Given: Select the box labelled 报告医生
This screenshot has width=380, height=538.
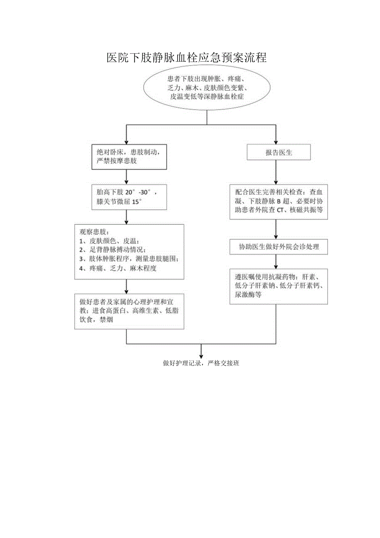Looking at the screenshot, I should tap(279, 152).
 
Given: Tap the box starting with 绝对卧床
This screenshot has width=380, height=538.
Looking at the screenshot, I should tap(126, 156).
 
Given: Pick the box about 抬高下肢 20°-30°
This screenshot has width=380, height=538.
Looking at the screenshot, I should tap(126, 196).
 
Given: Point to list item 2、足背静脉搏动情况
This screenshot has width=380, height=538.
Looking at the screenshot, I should tap(112, 250).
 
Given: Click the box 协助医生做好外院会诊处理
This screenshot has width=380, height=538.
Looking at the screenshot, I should tap(279, 247).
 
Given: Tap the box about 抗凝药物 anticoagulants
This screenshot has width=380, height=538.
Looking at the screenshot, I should tap(279, 286).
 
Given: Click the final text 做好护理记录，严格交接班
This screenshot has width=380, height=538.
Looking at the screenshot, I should tap(201, 363).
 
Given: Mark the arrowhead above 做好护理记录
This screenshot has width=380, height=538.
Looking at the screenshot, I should tap(201, 355).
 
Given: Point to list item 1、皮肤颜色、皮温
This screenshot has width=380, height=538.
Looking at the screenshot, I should tap(109, 241).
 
